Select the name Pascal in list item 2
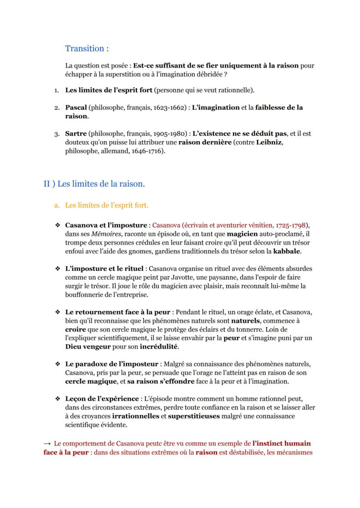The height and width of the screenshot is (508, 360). [76, 107]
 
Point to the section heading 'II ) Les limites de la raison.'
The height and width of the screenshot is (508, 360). [94, 184]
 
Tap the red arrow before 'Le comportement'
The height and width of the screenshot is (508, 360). [47, 444]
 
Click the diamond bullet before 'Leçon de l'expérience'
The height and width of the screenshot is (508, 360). [57, 398]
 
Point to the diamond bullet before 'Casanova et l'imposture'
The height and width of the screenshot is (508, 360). [57, 225]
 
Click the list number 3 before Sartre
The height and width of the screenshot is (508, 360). [57, 134]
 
